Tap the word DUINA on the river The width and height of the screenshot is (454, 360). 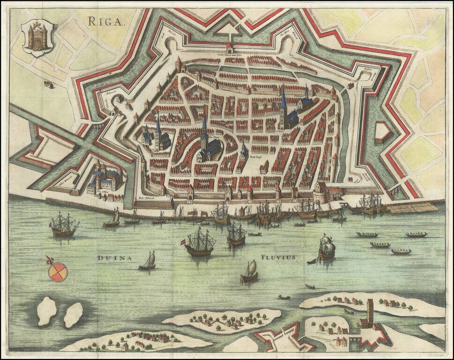click(112, 257)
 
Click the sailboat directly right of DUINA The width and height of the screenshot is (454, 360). click(148, 262)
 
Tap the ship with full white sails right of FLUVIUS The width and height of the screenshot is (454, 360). click(327, 247)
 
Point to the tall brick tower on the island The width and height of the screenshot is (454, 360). click(370, 309)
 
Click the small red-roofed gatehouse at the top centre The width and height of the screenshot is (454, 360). click(229, 47)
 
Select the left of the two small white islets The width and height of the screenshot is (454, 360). click(46, 311)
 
